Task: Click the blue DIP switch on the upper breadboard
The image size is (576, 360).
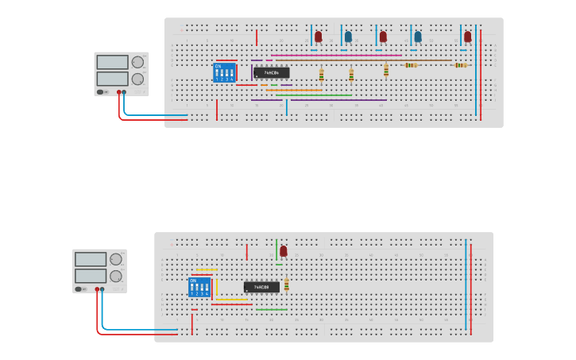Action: click(225, 72)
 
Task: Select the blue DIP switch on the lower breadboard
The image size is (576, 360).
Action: click(199, 287)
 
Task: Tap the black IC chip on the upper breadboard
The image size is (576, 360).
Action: click(272, 72)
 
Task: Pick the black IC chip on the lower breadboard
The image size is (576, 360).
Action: click(261, 287)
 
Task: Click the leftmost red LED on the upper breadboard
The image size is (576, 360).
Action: click(319, 37)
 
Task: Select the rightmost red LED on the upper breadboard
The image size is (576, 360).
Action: click(468, 37)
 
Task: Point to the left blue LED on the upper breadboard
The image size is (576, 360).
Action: click(348, 37)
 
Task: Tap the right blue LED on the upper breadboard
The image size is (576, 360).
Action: click(418, 37)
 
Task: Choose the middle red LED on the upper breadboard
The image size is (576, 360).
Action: click(383, 37)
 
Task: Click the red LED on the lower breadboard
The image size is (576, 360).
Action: click(284, 251)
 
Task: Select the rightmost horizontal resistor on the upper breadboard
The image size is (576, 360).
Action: click(460, 65)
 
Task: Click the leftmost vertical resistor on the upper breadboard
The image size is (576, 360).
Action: click(321, 75)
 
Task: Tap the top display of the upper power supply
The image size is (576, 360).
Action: click(112, 62)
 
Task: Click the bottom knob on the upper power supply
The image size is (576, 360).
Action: click(137, 79)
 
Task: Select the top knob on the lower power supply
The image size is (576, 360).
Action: click(116, 259)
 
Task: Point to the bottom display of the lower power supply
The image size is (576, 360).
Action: click(90, 276)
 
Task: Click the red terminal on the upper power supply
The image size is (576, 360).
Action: click(119, 92)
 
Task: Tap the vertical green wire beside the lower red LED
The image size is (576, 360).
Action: click(276, 249)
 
